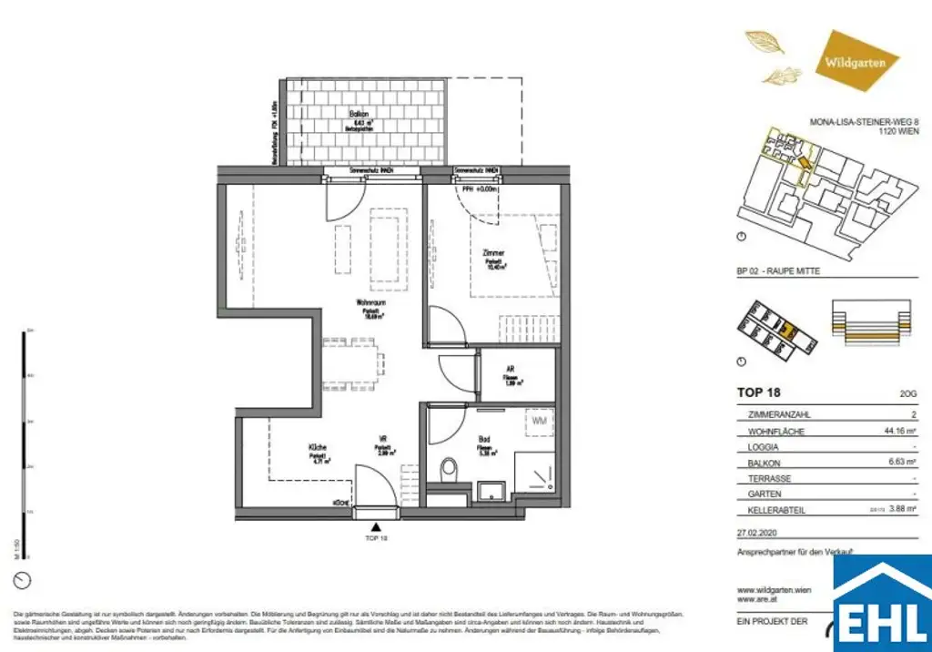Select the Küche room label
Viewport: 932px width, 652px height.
(317, 448)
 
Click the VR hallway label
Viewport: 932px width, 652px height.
(384, 448)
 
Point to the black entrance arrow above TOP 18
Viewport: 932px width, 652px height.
(377, 525)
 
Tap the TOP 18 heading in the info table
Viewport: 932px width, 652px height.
(755, 393)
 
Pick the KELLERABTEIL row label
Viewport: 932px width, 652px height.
(776, 511)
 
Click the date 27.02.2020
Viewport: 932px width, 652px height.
(758, 534)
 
